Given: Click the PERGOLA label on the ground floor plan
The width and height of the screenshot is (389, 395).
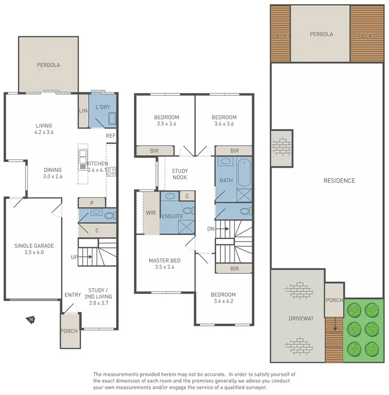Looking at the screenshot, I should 48,65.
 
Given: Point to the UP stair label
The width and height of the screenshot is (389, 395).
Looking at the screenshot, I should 75,257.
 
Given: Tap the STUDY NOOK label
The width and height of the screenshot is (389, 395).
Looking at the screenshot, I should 179,174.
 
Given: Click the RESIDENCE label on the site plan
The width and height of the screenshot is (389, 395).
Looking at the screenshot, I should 339,181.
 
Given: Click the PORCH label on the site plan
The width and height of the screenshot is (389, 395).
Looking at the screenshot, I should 334,301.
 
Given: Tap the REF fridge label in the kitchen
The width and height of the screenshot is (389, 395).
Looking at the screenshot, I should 110,136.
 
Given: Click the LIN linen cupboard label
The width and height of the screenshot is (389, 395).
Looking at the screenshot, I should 83,111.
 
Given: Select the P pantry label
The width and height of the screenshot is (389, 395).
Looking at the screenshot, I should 91,203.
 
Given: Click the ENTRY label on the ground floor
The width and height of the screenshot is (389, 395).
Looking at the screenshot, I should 73,295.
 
